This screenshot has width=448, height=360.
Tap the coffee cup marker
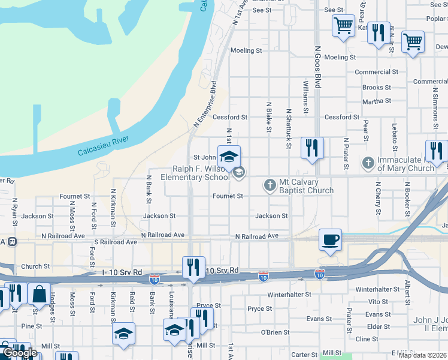330,239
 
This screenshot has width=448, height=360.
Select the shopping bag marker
39,294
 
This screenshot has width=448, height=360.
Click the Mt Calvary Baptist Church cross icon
270,185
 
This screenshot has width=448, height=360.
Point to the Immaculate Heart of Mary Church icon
368,162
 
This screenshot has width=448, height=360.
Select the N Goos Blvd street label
319,69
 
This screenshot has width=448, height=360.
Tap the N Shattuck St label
289,128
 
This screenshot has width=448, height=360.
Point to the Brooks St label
377,88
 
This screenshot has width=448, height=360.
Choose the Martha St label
376,101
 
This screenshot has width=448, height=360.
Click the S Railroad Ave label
115,242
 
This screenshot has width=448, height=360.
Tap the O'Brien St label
275,332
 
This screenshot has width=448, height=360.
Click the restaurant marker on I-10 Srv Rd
193,268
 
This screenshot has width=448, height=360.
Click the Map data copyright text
422,355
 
